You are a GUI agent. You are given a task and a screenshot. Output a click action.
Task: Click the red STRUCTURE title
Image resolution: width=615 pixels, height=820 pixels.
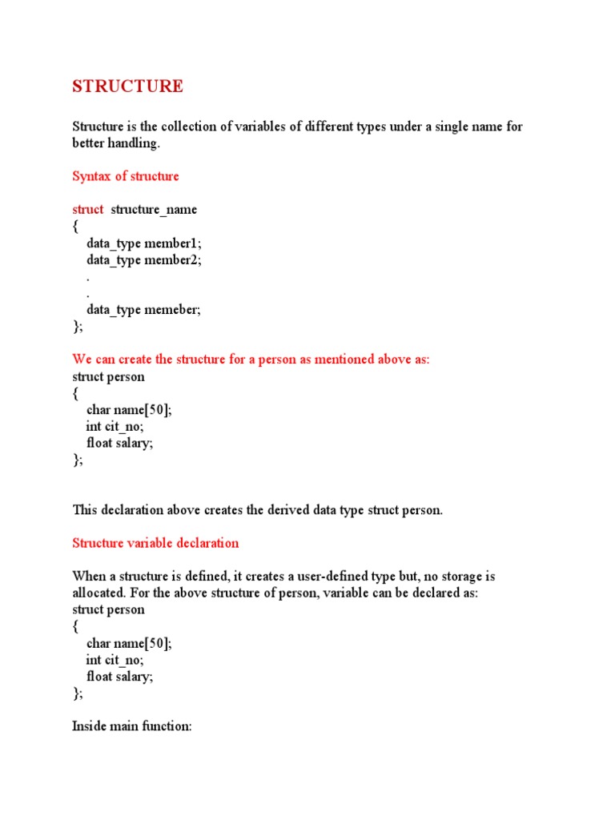click(x=127, y=86)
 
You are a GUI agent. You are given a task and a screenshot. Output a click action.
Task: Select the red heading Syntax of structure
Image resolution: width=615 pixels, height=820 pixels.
click(x=126, y=176)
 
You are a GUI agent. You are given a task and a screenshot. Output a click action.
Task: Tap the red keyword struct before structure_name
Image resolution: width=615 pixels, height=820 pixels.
click(x=88, y=210)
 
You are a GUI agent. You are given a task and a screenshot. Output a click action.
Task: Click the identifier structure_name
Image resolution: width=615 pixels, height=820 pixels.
click(x=154, y=210)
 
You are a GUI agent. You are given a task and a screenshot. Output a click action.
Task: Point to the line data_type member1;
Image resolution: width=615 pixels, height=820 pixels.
click(x=144, y=243)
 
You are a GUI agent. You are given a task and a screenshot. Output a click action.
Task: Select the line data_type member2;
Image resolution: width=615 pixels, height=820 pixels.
click(x=144, y=260)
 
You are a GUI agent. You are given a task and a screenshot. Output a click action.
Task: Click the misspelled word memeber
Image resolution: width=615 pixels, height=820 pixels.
click(x=171, y=311)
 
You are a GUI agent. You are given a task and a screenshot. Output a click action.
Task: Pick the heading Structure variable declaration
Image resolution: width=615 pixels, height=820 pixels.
click(x=155, y=543)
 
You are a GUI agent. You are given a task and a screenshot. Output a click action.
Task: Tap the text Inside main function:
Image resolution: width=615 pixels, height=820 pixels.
click(x=132, y=727)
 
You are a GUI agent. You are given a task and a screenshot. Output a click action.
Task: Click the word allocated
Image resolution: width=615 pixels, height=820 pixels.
click(x=100, y=593)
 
